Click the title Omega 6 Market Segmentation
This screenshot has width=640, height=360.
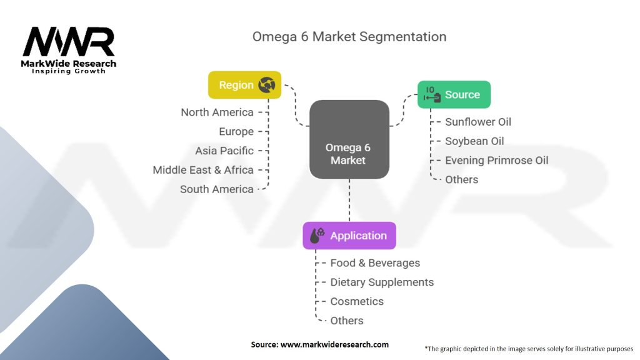click(x=349, y=36)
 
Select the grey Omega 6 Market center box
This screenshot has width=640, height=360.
click(x=349, y=139)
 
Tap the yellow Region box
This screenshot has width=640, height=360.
click(x=244, y=85)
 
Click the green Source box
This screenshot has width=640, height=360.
click(x=454, y=95)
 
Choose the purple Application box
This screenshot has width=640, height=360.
click(x=349, y=236)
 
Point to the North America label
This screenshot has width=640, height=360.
click(x=217, y=112)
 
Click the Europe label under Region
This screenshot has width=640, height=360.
click(x=236, y=132)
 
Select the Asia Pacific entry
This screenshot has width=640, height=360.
click(x=224, y=151)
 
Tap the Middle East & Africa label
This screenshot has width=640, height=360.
click(x=203, y=170)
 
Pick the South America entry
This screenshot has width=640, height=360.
click(x=216, y=189)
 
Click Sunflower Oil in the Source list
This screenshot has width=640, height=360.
click(x=478, y=122)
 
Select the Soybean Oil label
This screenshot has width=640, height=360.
click(x=474, y=141)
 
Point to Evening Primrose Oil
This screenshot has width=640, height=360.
click(x=496, y=161)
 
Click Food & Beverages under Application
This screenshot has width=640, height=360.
click(x=375, y=263)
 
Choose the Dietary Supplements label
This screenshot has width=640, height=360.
click(x=382, y=282)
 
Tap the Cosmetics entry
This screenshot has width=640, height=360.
click(x=357, y=301)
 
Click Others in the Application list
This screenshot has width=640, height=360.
click(x=347, y=321)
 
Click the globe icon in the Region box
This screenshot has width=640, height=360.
click(x=267, y=84)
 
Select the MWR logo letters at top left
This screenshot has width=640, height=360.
click(x=69, y=42)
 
